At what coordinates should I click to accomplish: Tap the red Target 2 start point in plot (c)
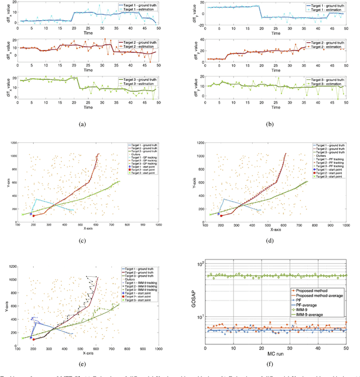click(33, 216)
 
